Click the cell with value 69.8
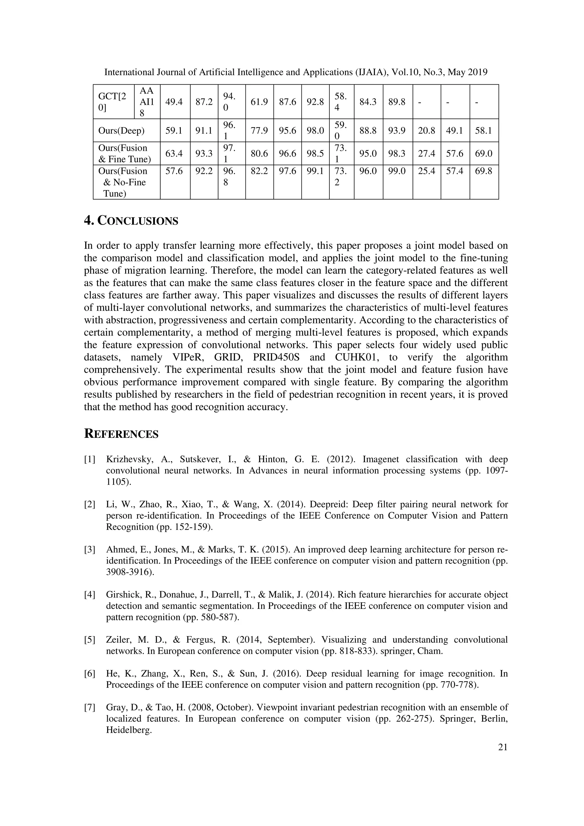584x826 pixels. pyautogui.click(x=484, y=171)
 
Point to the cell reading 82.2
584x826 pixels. pyautogui.click(x=259, y=171)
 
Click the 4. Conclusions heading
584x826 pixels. pyautogui.click(x=131, y=221)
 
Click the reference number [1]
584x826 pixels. pyautogui.click(x=90, y=459)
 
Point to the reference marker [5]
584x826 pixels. pyautogui.click(x=90, y=640)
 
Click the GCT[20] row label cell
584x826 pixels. pyautogui.click(x=112, y=102)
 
